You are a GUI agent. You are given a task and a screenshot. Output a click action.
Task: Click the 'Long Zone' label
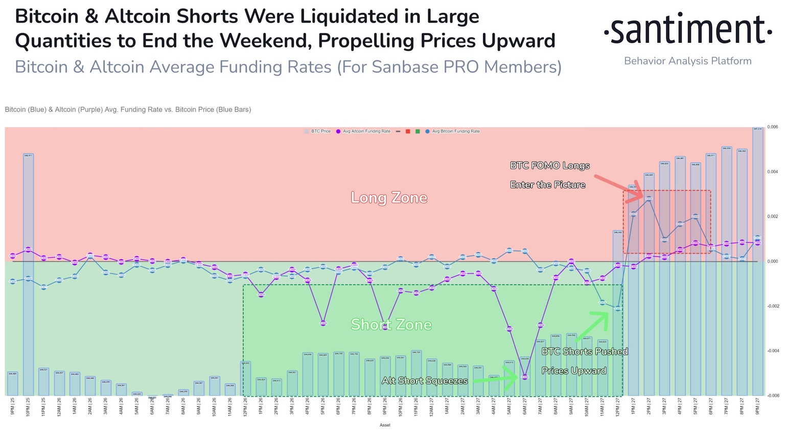[389, 198]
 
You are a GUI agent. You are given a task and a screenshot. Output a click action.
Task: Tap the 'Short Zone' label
[391, 324]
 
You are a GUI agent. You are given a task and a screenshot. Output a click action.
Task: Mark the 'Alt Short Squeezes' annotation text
[425, 381]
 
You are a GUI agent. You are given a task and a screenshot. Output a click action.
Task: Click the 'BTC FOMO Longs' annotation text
[549, 166]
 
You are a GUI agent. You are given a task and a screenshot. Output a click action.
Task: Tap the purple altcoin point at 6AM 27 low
[525, 377]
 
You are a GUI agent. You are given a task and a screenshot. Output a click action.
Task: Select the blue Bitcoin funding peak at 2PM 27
[649, 199]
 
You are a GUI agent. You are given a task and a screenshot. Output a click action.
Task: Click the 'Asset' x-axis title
[385, 425]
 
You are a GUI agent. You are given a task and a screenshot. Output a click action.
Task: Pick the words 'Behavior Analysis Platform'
[687, 61]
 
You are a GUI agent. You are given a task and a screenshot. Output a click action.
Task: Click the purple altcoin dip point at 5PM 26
[323, 323]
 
